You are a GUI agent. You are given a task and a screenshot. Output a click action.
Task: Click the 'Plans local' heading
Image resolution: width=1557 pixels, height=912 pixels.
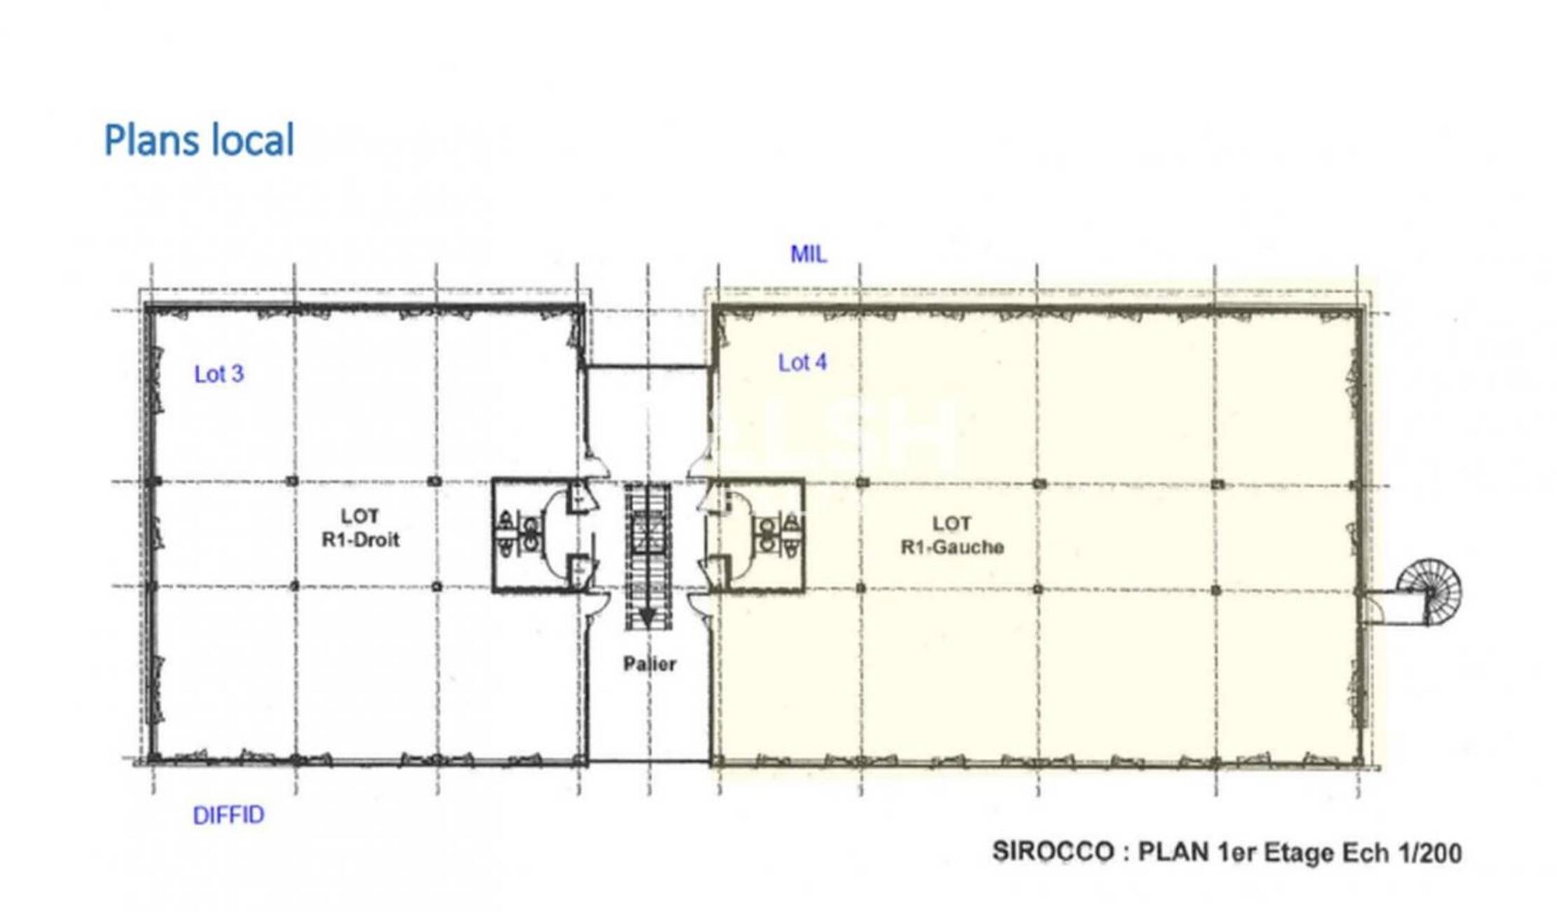[199, 140]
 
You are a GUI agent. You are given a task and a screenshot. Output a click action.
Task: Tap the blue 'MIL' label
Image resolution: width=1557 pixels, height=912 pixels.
[809, 254]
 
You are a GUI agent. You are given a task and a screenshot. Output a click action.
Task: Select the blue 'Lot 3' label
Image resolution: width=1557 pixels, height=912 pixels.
[219, 374]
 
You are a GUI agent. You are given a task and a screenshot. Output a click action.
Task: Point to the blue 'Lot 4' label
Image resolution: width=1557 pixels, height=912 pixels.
[802, 363]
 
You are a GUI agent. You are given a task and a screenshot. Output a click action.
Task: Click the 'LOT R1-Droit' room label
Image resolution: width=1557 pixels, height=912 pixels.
[360, 528]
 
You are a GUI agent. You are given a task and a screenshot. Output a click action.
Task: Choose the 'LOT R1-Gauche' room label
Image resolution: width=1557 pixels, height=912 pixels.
[952, 535]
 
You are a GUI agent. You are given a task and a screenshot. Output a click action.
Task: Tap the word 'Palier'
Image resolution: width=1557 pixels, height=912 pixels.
[649, 664]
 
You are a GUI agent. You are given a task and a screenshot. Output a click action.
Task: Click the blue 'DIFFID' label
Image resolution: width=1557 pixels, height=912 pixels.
[229, 815]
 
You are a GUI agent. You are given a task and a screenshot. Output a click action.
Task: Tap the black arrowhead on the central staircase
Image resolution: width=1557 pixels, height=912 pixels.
[647, 618]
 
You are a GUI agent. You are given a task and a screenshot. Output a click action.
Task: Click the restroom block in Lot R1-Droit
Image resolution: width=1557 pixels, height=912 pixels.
[544, 535]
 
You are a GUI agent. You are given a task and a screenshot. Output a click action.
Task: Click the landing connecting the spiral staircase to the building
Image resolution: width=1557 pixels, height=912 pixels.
[1393, 608]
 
